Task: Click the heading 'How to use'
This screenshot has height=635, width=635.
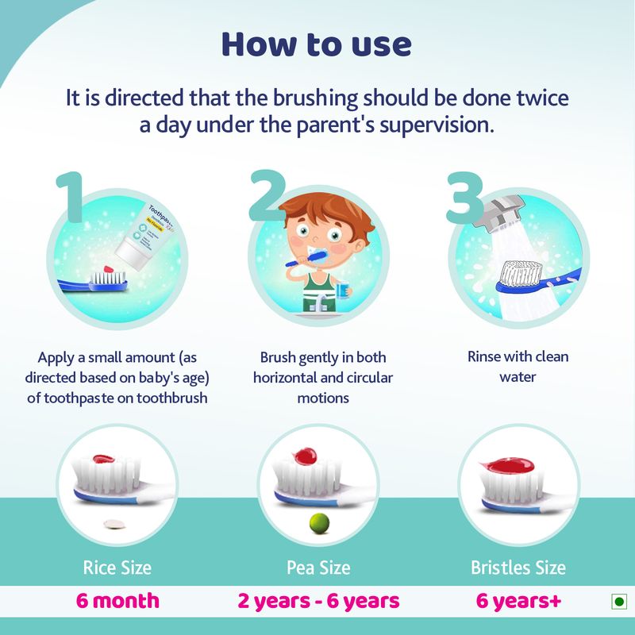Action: click(x=317, y=44)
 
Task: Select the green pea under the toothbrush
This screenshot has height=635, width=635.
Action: click(x=317, y=522)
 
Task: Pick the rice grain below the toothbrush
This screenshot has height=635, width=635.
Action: click(x=117, y=523)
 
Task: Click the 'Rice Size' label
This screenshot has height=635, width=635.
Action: click(x=117, y=568)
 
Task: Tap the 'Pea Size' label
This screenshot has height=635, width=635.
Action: click(x=317, y=568)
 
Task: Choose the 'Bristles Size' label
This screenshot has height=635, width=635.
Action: click(x=518, y=568)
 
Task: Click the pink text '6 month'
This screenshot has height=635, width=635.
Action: click(x=117, y=601)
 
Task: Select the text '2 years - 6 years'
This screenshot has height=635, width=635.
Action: click(x=317, y=601)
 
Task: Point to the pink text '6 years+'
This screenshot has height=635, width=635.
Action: click(x=518, y=601)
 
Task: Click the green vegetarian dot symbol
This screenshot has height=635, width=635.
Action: click(x=618, y=602)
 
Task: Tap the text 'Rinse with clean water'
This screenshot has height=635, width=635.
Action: click(x=518, y=367)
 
